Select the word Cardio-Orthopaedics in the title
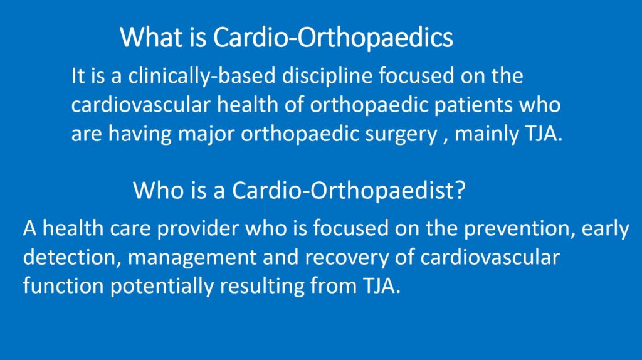pos(333,37)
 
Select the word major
pos(206,135)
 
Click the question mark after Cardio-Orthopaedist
pos(461,190)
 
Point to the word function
pos(63,285)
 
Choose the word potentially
pos(162,286)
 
